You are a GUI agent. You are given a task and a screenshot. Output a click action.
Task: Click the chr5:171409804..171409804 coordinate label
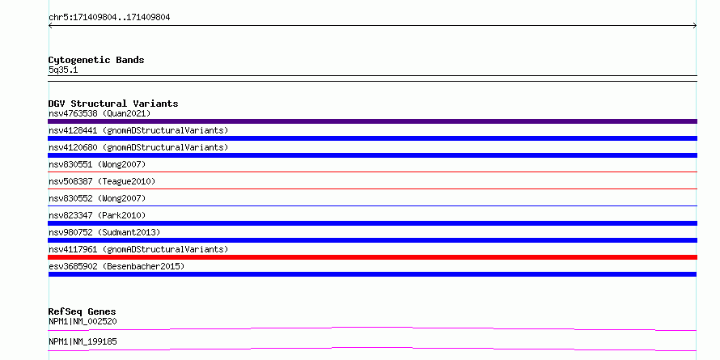(109, 18)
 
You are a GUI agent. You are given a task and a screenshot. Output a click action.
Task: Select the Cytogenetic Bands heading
(96, 60)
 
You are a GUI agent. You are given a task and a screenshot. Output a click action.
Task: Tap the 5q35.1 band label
(63, 70)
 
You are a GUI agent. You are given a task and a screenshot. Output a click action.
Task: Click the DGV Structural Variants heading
(113, 104)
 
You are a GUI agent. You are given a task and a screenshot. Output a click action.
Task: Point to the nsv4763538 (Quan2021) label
(100, 113)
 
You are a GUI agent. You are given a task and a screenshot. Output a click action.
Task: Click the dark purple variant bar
(372, 121)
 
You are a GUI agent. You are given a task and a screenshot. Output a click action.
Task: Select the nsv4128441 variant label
(138, 130)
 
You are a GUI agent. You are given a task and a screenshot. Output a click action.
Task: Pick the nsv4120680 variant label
(138, 147)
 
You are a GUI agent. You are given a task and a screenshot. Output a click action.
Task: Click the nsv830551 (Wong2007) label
(97, 164)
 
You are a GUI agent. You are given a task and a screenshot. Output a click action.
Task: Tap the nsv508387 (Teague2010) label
(102, 181)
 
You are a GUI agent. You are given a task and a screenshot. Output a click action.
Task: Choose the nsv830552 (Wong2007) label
(97, 198)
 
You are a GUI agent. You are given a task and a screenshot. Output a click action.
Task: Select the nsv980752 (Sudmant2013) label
(104, 232)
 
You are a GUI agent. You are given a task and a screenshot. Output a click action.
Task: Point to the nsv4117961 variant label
(138, 249)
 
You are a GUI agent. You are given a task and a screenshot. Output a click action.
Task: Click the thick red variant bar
(372, 257)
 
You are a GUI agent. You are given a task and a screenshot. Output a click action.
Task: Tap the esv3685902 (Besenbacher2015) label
(116, 266)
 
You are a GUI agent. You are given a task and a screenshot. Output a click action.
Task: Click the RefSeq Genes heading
(82, 311)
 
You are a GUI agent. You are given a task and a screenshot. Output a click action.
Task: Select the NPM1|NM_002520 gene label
(83, 321)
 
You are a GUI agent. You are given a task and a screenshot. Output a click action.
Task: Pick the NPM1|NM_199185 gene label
(83, 341)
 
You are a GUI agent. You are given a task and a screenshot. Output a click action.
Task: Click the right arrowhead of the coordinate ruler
(696, 26)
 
